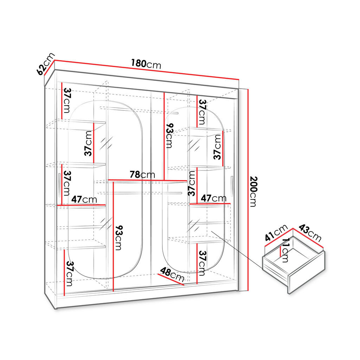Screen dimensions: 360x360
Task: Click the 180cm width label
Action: (146, 64)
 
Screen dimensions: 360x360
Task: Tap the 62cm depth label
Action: (46, 64)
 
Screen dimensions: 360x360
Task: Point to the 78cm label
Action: (142, 175)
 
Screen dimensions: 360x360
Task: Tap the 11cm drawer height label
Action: (285, 250)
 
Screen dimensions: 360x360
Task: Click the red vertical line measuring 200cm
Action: (248, 190)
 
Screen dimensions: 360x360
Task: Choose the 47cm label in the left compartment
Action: (84, 199)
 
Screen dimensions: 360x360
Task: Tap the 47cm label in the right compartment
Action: (213, 198)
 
